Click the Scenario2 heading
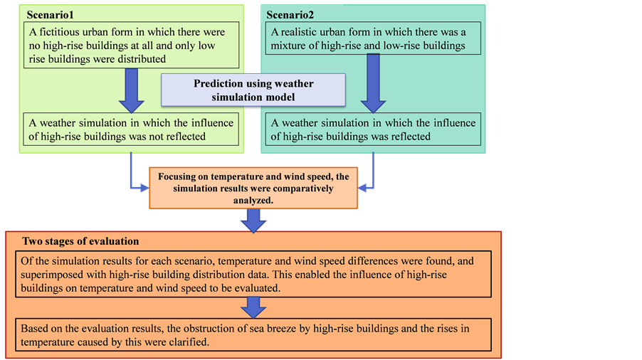pyautogui.click(x=291, y=14)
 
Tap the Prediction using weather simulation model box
pyautogui.click(x=253, y=90)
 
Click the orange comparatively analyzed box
pyautogui.click(x=253, y=188)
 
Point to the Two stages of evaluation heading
pyautogui.click(x=80, y=241)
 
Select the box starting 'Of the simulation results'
pyautogui.click(x=253, y=272)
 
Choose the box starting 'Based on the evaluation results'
pyautogui.click(x=253, y=334)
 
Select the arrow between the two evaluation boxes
pyautogui.click(x=253, y=307)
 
